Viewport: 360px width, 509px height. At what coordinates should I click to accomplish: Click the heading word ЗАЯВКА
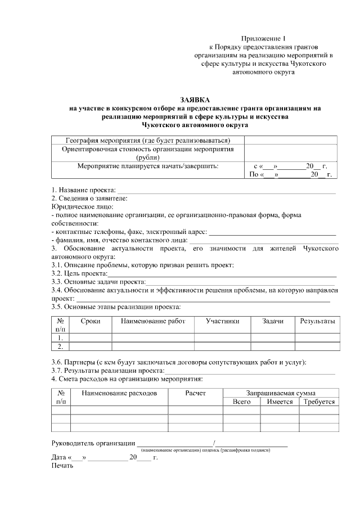click(194, 100)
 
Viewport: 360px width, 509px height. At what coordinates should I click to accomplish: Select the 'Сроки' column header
click(91, 321)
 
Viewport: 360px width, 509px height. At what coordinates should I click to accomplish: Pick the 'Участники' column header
click(222, 321)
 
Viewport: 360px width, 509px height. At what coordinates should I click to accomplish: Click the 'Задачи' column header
click(273, 321)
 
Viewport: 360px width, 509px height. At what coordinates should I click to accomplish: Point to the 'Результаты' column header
click(317, 321)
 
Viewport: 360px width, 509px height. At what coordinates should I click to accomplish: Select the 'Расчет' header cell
click(196, 393)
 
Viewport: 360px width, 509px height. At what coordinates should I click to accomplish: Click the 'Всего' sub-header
click(241, 402)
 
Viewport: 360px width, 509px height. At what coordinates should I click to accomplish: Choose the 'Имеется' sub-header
click(280, 402)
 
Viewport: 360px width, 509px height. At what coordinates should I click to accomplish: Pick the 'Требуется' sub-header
click(319, 402)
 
